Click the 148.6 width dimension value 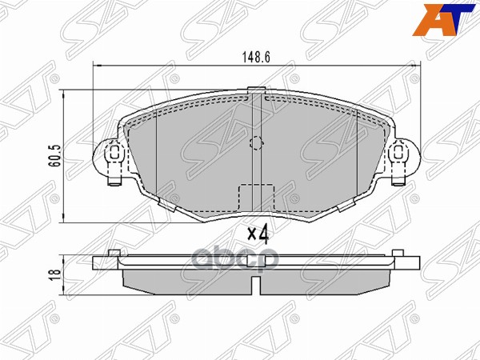[254, 57]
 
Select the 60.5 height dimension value [53, 153]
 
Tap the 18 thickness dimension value [53, 273]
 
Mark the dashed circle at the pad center [256, 144]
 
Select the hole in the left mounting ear [114, 152]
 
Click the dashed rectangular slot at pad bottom [256, 196]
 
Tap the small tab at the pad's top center [256, 90]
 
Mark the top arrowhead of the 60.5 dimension [65, 94]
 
